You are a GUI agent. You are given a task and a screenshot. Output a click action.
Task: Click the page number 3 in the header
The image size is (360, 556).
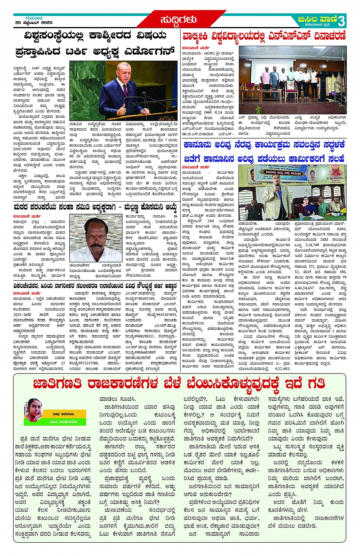[341, 20]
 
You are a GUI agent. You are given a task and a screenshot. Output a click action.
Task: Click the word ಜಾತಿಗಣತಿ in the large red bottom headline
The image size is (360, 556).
[57, 383]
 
